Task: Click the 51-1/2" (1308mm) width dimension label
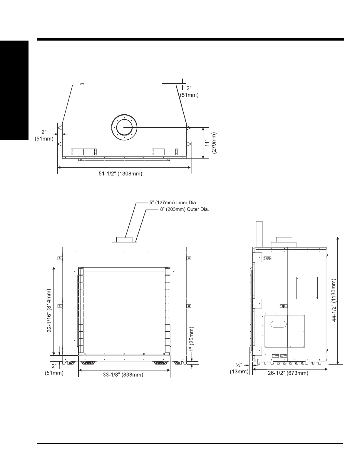pos(120,173)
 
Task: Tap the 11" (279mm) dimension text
pos(210,143)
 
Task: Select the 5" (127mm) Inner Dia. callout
pos(173,203)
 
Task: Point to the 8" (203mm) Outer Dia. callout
pos(185,209)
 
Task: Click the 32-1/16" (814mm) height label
pos(49,310)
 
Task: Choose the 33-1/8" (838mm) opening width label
pos(123,375)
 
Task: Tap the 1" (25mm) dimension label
pos(191,339)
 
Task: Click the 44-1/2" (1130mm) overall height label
pos(334,300)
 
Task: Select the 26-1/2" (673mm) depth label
pos(288,373)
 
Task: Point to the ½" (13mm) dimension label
pos(239,368)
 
